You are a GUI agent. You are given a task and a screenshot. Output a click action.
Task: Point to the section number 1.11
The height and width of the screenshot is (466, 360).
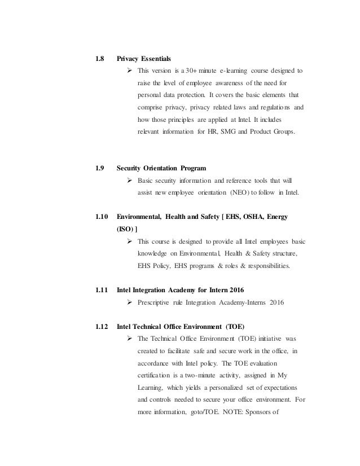click(100, 291)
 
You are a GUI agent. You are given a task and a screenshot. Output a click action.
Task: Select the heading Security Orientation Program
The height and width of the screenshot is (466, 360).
click(161, 168)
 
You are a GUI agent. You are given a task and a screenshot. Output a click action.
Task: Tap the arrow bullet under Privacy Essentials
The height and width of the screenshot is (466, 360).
click(130, 71)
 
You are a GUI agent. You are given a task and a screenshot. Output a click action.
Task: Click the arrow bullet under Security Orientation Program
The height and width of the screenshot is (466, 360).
click(130, 180)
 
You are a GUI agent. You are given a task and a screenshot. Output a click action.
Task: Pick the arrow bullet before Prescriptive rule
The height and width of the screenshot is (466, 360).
click(130, 303)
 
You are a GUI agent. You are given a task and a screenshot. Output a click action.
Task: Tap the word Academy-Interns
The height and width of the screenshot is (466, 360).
click(238, 303)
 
